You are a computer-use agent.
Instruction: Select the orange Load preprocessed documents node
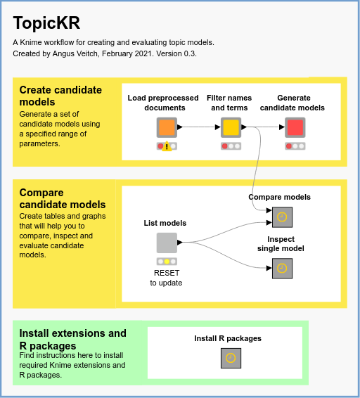pos(167,127)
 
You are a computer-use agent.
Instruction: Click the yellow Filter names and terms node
pos(231,127)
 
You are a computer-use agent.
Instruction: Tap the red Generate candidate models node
pos(295,127)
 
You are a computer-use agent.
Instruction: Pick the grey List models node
pos(167,243)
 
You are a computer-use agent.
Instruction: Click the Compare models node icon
pos(282,217)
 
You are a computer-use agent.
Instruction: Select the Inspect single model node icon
pos(282,268)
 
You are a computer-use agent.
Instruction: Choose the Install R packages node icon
pos(231,358)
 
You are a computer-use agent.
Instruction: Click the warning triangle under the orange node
pos(167,146)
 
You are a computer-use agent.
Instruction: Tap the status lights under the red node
pos(295,146)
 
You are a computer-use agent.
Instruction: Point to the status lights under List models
pos(167,261)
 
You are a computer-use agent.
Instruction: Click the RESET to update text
pos(166,278)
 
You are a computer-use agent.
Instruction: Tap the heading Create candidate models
pos(60,96)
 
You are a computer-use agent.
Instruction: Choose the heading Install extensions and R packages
pos(72,340)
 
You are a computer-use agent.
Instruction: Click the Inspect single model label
pos(281,243)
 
